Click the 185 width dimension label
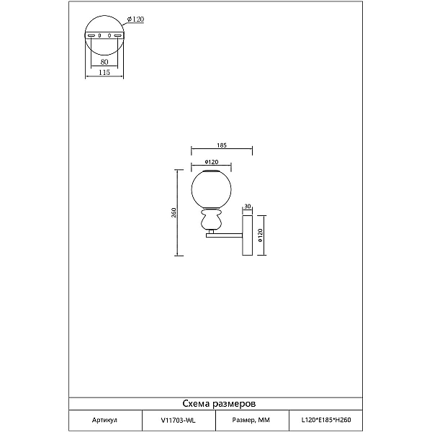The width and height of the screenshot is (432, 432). [x=222, y=145]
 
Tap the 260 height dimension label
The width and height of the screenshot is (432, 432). [x=174, y=212]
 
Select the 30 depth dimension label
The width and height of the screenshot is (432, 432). [x=248, y=206]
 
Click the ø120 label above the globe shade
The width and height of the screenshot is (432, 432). [x=212, y=162]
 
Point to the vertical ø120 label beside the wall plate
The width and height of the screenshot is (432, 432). [x=261, y=235]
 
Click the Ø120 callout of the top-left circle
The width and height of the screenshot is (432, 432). [x=135, y=19]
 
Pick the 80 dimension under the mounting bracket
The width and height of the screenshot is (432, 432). [x=104, y=62]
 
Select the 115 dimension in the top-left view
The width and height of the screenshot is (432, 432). [x=104, y=73]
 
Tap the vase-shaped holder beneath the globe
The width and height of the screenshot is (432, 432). [x=211, y=219]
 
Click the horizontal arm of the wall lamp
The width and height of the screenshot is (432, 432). [x=224, y=235]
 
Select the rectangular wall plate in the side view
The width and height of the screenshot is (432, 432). [x=247, y=235]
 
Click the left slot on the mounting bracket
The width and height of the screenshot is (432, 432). [x=91, y=35]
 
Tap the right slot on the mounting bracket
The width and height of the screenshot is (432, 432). [x=117, y=35]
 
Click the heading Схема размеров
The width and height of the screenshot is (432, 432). [x=219, y=404]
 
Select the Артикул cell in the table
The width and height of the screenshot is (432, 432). [x=104, y=420]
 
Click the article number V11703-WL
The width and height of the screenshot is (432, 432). [x=179, y=420]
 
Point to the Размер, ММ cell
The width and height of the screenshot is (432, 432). [x=251, y=420]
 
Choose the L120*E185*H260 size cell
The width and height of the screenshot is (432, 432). [x=326, y=420]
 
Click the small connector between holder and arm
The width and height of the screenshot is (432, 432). [x=211, y=231]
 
